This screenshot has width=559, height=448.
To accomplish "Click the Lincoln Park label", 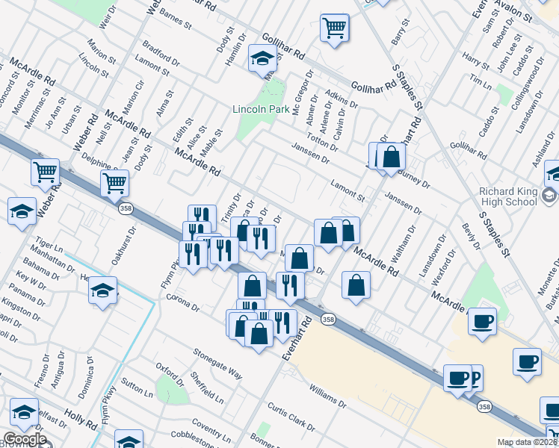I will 259,109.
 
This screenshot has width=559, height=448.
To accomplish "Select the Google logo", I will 25,439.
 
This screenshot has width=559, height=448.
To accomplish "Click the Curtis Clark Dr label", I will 291,415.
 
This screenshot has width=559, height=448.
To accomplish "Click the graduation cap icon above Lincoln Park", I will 263,58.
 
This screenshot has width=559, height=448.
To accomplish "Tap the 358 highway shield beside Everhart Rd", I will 328,319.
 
